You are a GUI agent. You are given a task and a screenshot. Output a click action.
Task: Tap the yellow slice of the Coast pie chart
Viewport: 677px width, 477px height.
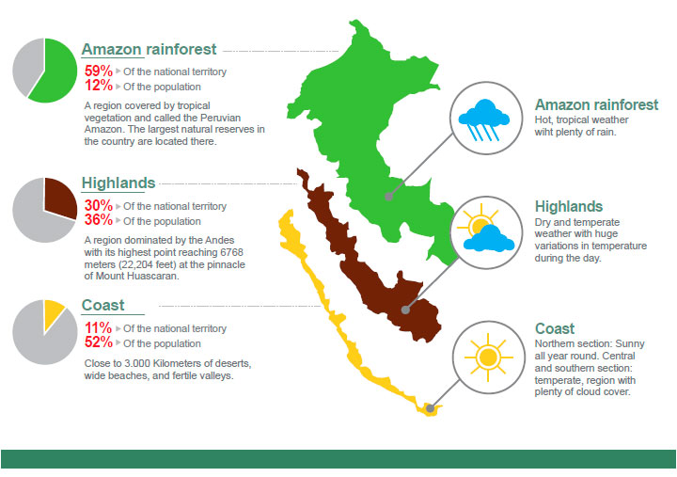click(x=53, y=313)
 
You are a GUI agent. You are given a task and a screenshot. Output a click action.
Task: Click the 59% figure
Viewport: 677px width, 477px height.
click(x=99, y=71)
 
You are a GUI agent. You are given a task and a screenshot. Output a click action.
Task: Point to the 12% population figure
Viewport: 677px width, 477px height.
click(x=99, y=86)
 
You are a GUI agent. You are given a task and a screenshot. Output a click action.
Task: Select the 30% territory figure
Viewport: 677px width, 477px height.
click(x=99, y=205)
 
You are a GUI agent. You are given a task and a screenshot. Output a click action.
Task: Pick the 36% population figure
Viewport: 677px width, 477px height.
click(x=99, y=220)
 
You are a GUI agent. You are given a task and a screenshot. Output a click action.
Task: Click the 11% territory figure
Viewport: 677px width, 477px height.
click(x=99, y=327)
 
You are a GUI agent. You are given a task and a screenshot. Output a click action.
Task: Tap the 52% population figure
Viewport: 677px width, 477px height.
click(x=99, y=342)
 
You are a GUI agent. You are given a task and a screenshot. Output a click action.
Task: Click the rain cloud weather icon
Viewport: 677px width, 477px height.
click(x=484, y=119)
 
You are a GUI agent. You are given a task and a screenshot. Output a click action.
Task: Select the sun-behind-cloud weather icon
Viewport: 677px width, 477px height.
click(x=486, y=231)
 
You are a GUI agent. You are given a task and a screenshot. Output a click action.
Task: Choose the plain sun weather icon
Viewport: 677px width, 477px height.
click(x=488, y=358)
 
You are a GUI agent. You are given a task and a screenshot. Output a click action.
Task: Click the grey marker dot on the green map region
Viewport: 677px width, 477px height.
click(x=389, y=197)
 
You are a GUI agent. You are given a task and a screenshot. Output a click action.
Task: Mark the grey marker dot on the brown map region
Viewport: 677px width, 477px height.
click(x=405, y=310)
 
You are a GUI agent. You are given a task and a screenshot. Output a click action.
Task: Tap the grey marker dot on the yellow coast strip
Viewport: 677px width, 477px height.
click(x=430, y=408)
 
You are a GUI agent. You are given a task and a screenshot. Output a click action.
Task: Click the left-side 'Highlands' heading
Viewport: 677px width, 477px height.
click(x=118, y=183)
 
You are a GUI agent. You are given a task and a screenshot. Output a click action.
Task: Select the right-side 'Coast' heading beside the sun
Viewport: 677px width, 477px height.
click(x=555, y=328)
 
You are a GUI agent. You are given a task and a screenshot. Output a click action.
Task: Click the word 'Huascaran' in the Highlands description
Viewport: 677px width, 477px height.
click(x=155, y=276)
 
